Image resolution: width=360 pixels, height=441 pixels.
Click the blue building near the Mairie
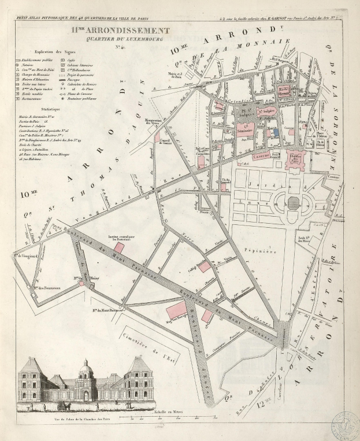[276, 132]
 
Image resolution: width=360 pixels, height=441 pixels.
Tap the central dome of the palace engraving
[86, 369]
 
